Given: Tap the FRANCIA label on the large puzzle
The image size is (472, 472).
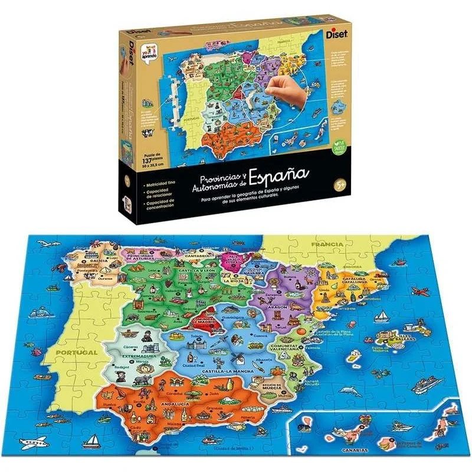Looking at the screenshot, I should (x=327, y=244).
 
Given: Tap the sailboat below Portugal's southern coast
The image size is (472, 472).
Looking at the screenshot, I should (x=91, y=441).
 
